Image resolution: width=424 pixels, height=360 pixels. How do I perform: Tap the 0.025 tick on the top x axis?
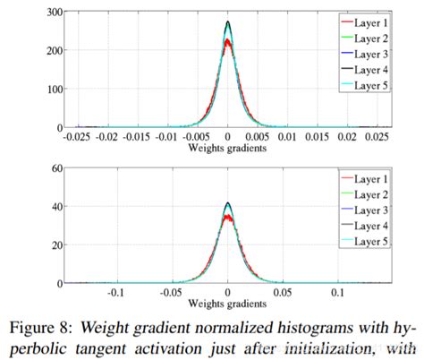380,137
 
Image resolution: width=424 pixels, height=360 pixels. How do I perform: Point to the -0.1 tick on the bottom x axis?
115,293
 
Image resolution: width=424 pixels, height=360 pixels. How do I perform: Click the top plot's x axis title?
227,148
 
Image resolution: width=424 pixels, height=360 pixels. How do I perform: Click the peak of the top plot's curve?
228,22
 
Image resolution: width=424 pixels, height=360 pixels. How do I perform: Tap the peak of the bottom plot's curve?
228,204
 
